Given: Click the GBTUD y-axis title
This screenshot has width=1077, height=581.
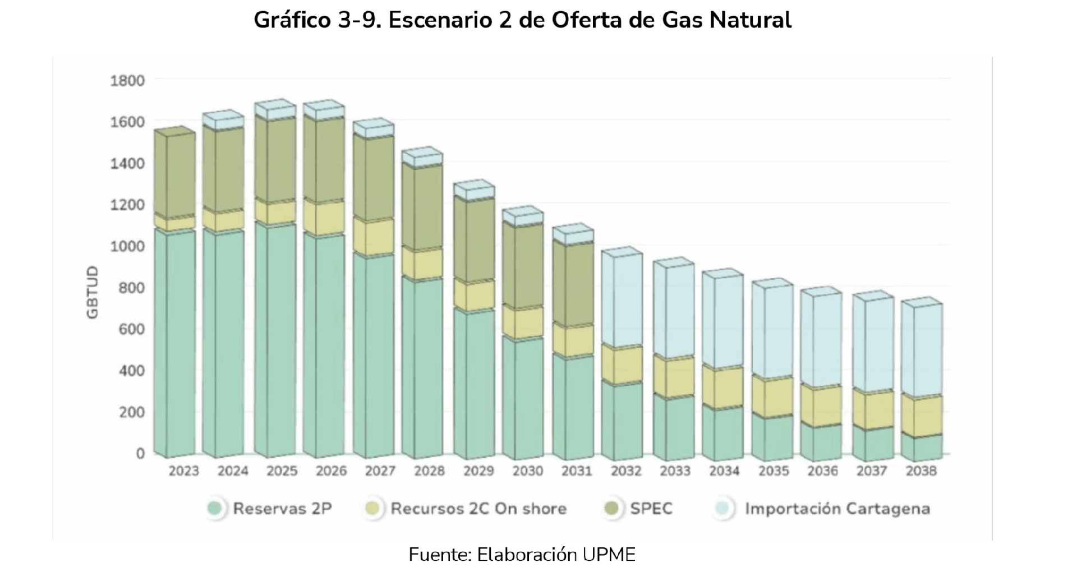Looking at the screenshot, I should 93,293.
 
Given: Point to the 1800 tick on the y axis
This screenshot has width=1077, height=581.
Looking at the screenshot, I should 128,81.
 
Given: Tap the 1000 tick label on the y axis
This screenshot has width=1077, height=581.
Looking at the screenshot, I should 128,246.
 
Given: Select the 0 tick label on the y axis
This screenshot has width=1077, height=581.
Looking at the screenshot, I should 140,453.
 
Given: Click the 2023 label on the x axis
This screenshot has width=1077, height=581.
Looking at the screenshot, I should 184,471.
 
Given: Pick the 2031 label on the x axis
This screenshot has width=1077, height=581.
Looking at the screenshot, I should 577,471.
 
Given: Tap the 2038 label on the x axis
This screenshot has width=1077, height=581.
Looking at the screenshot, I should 921,471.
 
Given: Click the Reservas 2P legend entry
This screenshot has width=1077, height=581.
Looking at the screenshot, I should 282,509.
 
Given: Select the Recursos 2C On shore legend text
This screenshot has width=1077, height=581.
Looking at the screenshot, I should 478,509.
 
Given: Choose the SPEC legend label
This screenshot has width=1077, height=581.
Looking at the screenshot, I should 651,509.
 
